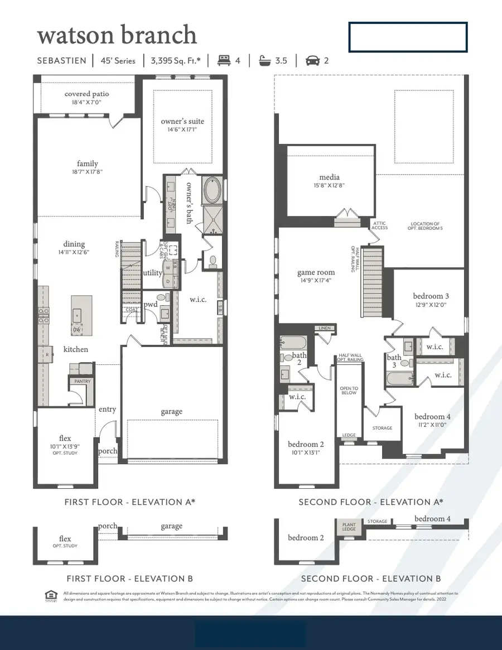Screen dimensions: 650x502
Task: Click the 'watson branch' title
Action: (x=117, y=35)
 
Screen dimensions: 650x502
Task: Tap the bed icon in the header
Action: (x=224, y=60)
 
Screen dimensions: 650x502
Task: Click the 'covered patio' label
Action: (x=86, y=94)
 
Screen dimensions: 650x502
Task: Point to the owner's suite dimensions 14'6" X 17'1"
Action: (x=182, y=129)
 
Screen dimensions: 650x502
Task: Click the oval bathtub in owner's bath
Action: (x=212, y=191)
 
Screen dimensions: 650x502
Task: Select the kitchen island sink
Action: (x=77, y=315)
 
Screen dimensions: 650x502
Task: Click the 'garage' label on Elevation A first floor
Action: (x=171, y=412)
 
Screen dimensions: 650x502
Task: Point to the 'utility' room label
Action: (x=152, y=273)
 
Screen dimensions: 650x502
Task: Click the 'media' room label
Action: (x=329, y=177)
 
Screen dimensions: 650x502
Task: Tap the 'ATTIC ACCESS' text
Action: (x=380, y=225)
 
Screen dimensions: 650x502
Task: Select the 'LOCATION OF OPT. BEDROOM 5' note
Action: (x=426, y=225)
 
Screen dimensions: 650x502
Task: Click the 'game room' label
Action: (x=316, y=273)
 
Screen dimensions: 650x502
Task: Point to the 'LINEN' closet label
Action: (x=324, y=329)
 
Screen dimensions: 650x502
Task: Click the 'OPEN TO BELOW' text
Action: (x=349, y=391)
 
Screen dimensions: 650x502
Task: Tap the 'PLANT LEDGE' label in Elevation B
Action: (x=349, y=527)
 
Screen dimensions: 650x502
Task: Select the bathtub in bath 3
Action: (x=400, y=379)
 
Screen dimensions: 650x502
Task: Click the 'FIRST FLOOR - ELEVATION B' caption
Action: (x=129, y=579)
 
